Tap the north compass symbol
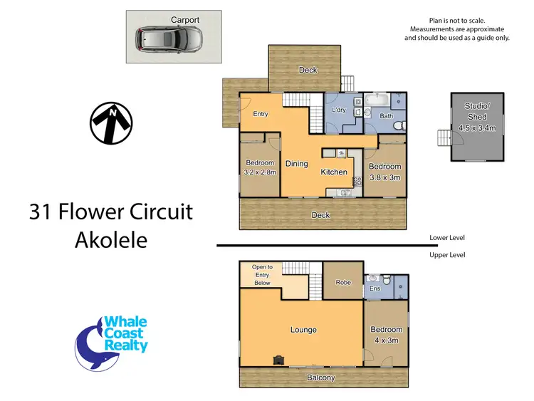click(x=112, y=123)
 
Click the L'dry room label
click(x=339, y=110)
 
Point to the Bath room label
click(x=386, y=115)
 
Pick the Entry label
click(x=261, y=114)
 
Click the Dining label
click(x=297, y=164)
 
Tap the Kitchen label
click(x=334, y=172)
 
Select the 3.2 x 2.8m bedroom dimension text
click(x=260, y=172)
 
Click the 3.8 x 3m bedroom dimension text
click(x=384, y=177)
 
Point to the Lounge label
click(x=303, y=330)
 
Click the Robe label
click(x=343, y=283)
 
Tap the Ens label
click(x=375, y=289)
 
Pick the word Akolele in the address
click(x=111, y=239)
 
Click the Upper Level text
click(x=447, y=254)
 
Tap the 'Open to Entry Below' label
click(x=262, y=275)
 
